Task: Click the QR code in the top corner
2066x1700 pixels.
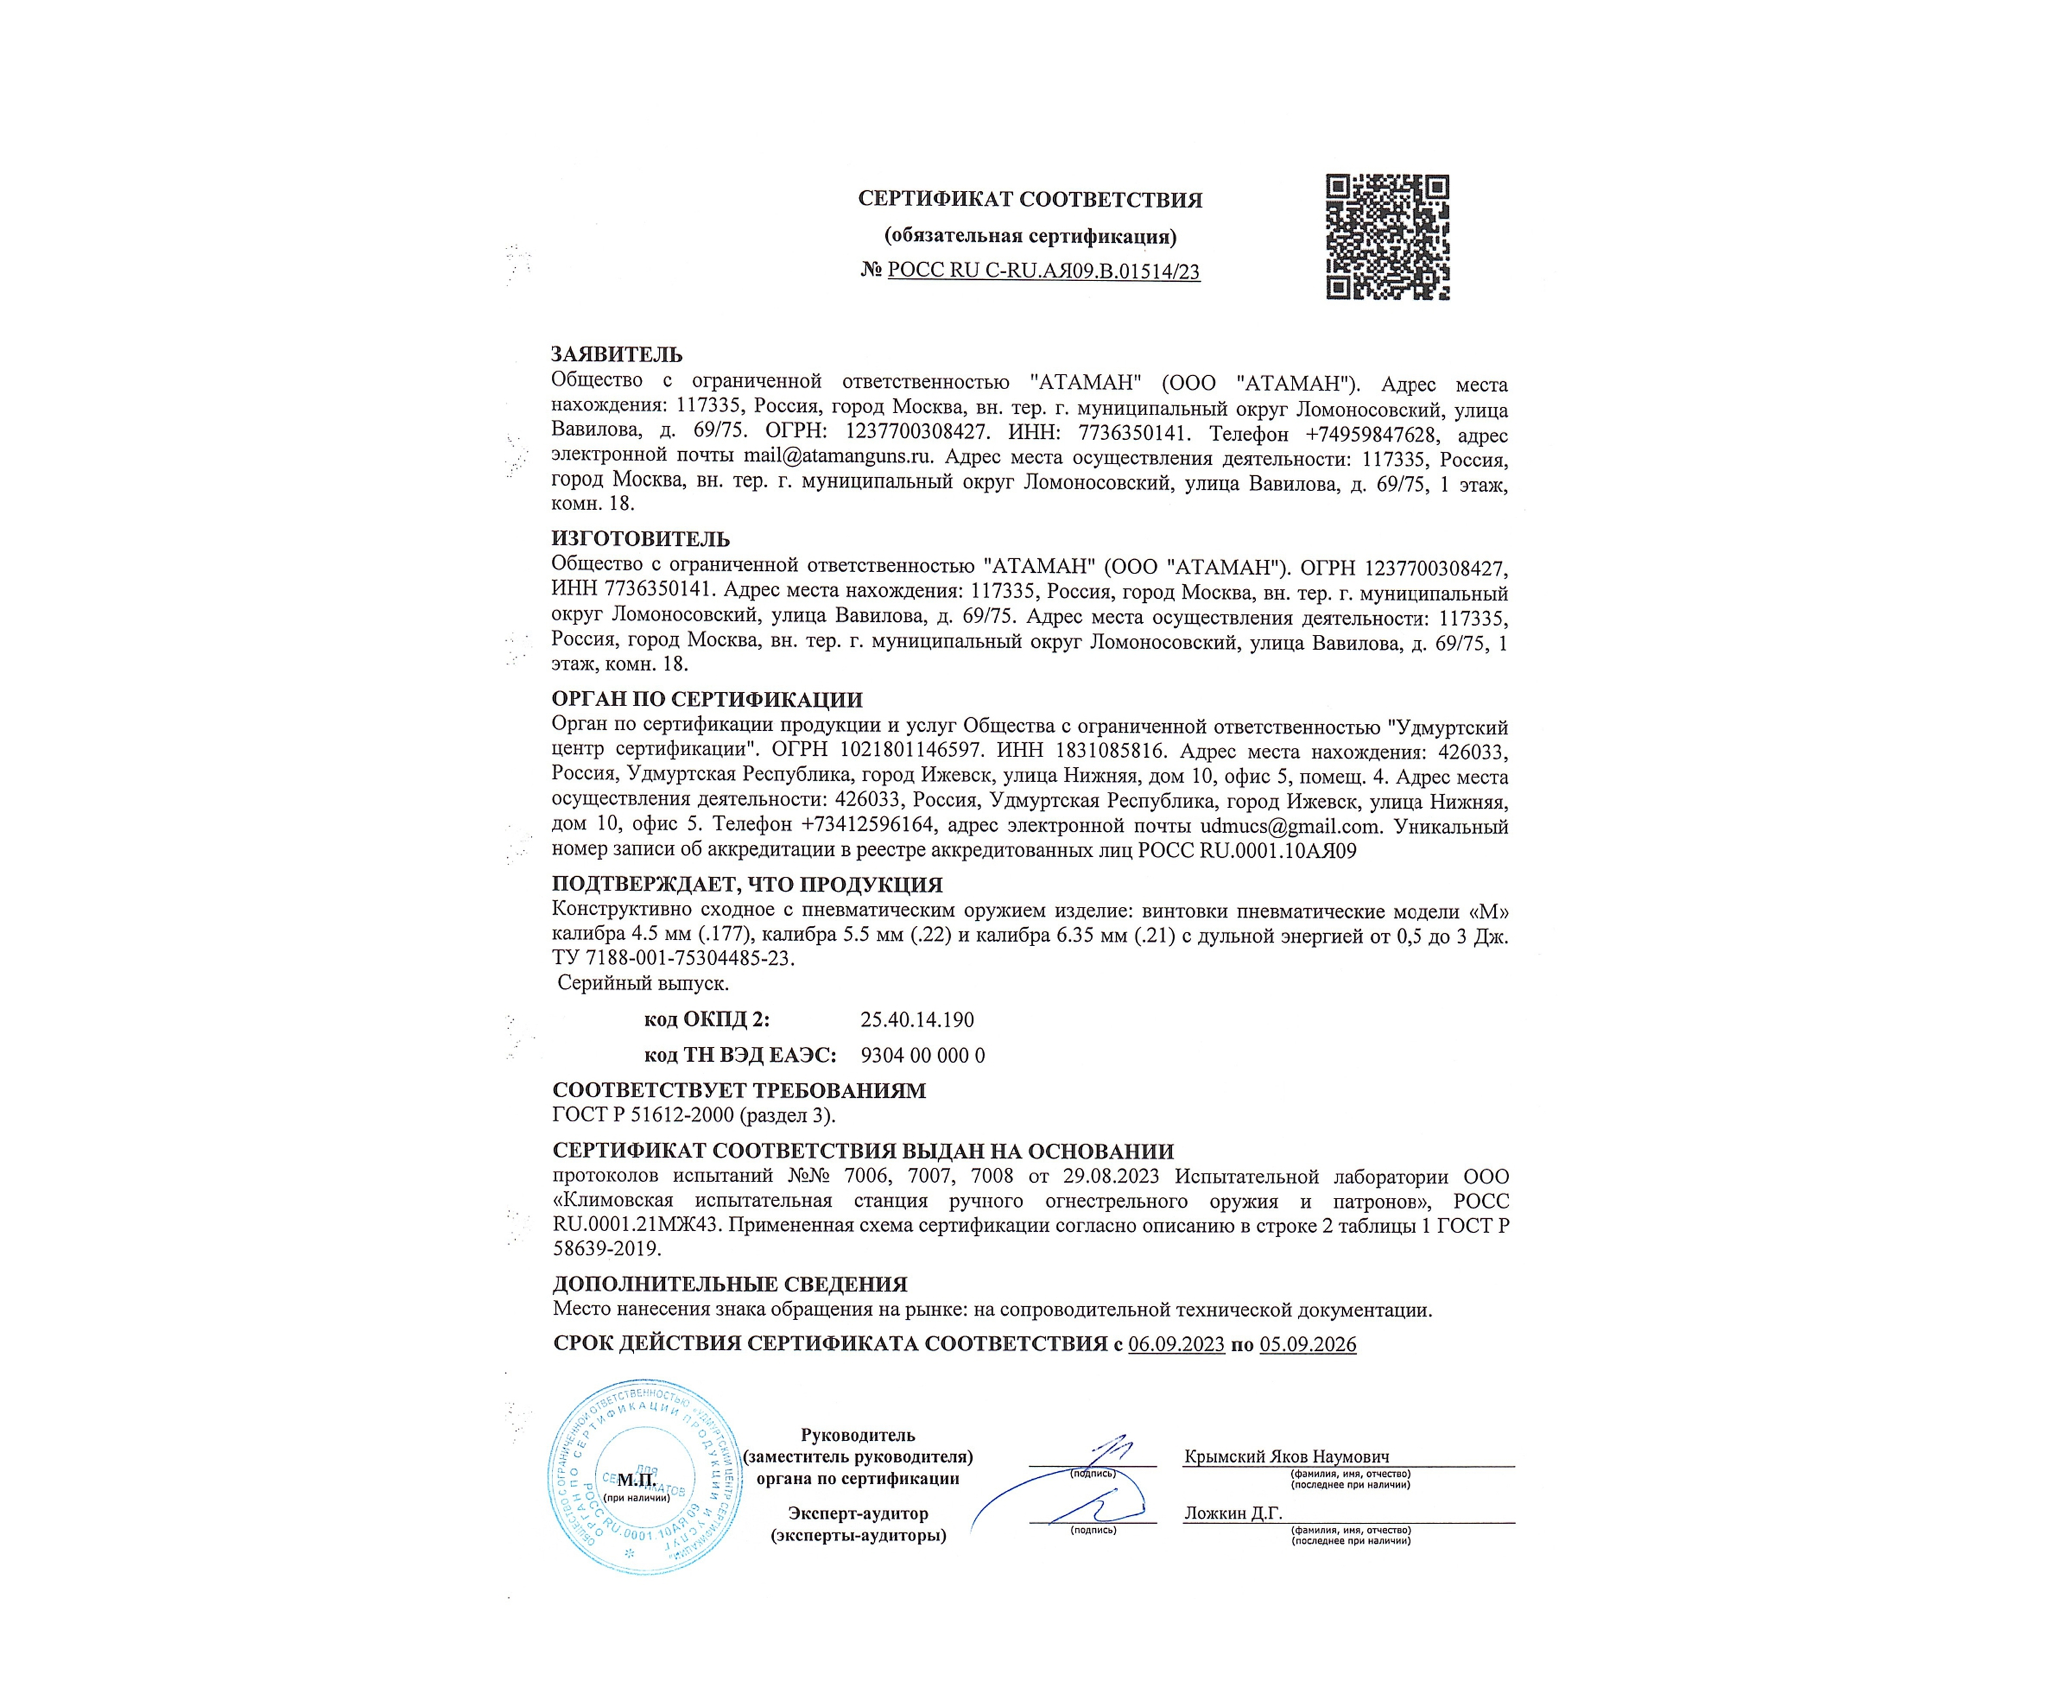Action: click(x=1387, y=237)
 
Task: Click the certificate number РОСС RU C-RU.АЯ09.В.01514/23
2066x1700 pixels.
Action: click(x=1043, y=271)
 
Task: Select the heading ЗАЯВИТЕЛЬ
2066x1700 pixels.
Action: click(x=617, y=354)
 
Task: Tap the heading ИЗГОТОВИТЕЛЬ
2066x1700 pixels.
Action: click(x=640, y=539)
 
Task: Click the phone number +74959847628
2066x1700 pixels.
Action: click(x=1375, y=433)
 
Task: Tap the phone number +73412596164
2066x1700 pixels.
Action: click(x=866, y=826)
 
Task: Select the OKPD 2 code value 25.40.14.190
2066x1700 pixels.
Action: click(x=917, y=1019)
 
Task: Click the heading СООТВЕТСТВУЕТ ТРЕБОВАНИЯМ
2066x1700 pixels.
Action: click(x=738, y=1091)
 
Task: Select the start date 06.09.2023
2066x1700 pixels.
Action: click(x=1176, y=1344)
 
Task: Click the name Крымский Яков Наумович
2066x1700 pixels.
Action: click(x=1285, y=1456)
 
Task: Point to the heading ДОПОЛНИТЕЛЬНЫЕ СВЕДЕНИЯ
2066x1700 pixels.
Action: click(x=730, y=1283)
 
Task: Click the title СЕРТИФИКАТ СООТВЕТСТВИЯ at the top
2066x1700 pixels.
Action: click(x=1030, y=200)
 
